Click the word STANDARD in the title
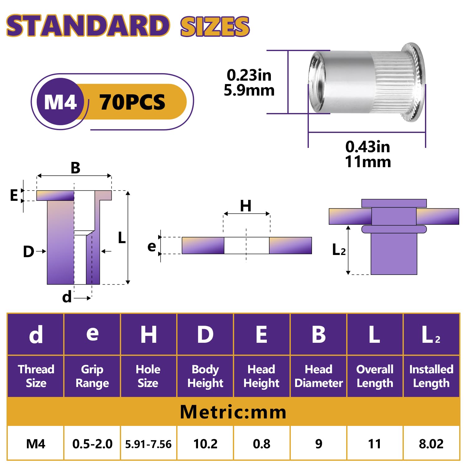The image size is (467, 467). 88,26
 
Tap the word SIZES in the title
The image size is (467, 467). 215,26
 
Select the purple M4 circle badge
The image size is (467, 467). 60,101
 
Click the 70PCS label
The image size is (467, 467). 132,102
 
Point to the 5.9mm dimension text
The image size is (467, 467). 249,90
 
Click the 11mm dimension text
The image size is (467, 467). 368,162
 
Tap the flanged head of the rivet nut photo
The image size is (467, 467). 413,82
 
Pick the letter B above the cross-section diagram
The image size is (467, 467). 75,168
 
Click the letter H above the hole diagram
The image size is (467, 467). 246,206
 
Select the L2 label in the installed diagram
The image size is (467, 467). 339,249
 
